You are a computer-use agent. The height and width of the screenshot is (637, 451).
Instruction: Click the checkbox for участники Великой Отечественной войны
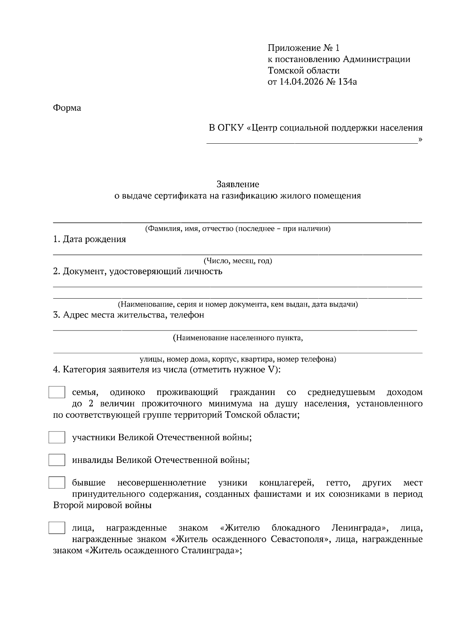[x=57, y=437]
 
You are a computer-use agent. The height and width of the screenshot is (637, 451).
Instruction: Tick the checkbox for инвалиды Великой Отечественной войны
[x=57, y=460]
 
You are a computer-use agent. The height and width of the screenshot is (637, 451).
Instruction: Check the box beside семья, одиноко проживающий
[x=57, y=392]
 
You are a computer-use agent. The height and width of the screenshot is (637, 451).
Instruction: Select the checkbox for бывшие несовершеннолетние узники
[x=57, y=482]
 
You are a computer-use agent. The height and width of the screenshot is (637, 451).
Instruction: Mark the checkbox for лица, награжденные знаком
[x=57, y=528]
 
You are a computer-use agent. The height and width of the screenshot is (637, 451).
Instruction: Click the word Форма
[x=67, y=108]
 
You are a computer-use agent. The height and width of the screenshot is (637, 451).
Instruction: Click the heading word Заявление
[x=238, y=184]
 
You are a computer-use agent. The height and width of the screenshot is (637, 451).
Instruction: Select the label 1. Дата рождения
[x=89, y=239]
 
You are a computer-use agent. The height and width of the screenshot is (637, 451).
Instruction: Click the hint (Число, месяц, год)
[x=238, y=261]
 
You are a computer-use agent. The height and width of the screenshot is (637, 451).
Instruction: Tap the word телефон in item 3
[x=187, y=315]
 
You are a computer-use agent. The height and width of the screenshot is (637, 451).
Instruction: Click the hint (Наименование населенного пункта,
[x=238, y=338]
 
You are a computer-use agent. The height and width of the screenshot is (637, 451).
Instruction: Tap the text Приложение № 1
[x=303, y=48]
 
